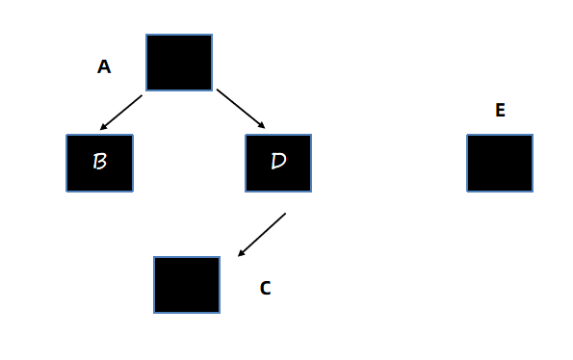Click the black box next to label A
tap(179, 63)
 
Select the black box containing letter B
tap(99, 163)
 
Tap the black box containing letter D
tap(278, 163)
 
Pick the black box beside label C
tap(187, 285)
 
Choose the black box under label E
tap(500, 163)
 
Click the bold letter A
tap(104, 66)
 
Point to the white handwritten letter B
tap(100, 161)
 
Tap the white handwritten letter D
tap(279, 161)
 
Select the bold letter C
tap(265, 288)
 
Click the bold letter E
tap(500, 110)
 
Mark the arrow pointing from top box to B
tap(121, 113)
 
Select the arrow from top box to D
tap(241, 109)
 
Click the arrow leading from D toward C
tap(262, 235)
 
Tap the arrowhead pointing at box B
tap(103, 127)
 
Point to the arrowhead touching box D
tap(261, 125)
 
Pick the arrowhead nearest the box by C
tap(242, 252)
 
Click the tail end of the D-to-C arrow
tap(285, 214)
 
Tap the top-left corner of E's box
tap(467, 135)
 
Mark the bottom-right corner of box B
tap(133, 192)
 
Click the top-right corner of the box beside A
tap(212, 35)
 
